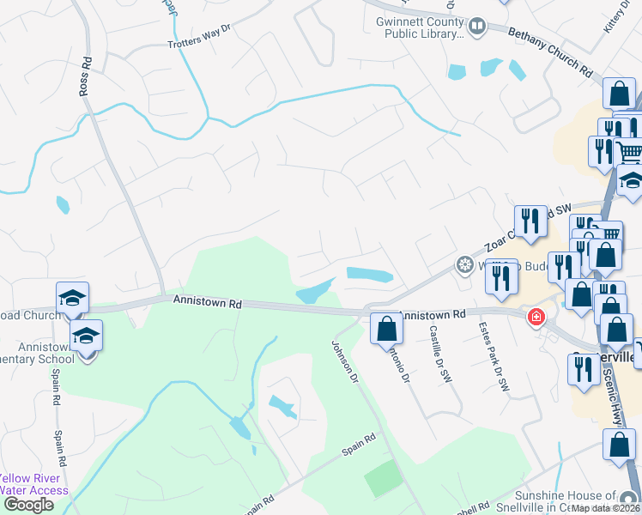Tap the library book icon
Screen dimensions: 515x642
pos(476,28)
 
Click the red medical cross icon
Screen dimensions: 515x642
pos(536,318)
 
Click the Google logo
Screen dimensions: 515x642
pos(28,505)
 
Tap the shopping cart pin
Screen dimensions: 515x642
pos(630,154)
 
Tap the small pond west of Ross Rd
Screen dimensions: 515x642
pos(62,204)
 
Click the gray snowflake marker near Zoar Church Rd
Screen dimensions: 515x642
pos(465,264)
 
